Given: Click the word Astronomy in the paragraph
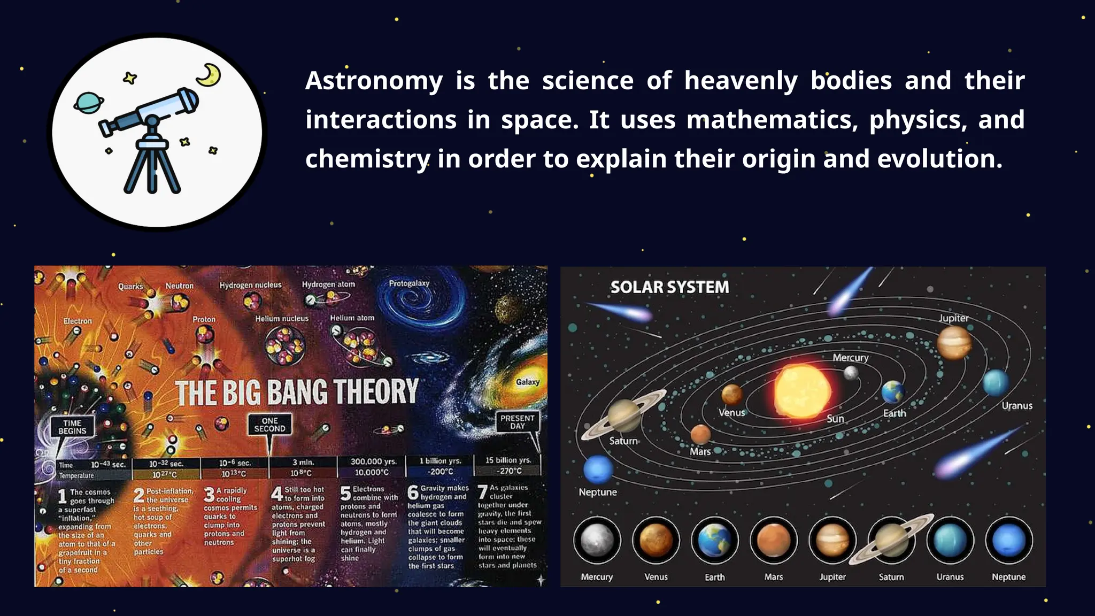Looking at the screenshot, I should [374, 81].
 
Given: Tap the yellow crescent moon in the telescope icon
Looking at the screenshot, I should [209, 75].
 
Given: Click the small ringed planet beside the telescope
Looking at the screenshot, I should [88, 103].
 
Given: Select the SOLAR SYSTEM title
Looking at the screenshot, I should [669, 287].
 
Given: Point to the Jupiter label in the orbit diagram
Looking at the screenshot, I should [954, 318].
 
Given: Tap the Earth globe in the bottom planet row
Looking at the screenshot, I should [715, 541].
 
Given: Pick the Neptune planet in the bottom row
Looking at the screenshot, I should [1008, 541].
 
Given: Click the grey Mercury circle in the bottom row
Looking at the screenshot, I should [597, 541].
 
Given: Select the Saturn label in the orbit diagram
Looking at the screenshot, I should [623, 441].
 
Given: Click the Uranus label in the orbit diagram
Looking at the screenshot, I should [1017, 406].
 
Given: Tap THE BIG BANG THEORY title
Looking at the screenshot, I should [297, 392].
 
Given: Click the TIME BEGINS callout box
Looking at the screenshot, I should [72, 427].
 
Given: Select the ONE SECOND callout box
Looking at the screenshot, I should [269, 425].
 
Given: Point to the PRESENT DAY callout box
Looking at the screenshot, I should [517, 422].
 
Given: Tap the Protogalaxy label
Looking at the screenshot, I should [409, 283].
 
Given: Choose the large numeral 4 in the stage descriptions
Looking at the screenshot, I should [277, 494].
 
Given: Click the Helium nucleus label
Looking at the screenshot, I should [282, 319].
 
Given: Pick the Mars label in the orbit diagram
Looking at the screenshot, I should [700, 452].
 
